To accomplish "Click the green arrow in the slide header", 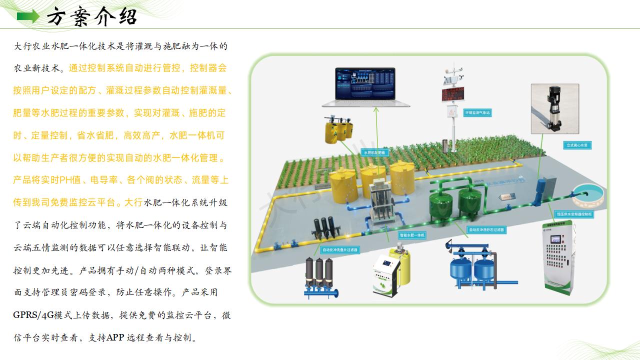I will pos(28,17).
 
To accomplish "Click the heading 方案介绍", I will pos(92,17).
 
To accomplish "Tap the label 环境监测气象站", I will pos(477,113).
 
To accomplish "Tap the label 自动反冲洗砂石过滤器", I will pos(486,230).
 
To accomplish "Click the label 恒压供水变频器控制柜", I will pos(574,213).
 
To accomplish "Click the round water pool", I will pos(588,196).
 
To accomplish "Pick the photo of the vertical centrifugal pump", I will pos(555,108).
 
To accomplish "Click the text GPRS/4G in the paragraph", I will pos(34,315).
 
